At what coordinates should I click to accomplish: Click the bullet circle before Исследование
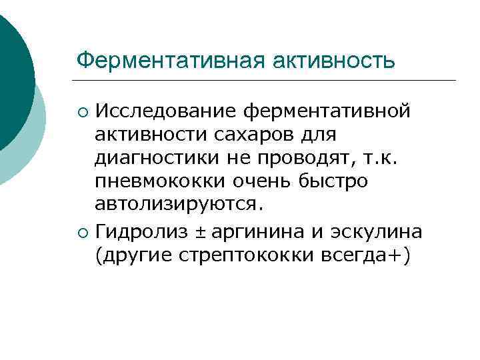pyautogui.click(x=82, y=111)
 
